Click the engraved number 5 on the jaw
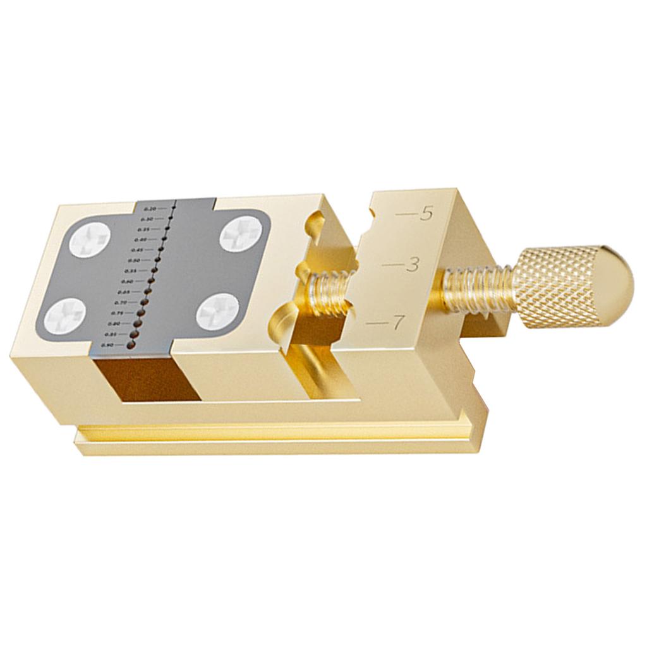pos(425,214)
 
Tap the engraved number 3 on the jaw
pos(413,265)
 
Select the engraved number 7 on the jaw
pos(397,322)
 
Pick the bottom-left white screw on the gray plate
pos(66,314)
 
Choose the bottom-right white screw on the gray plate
pos(217,310)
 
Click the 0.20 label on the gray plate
pos(150,209)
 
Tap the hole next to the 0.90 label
pos(131,344)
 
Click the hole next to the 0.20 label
pos(172,207)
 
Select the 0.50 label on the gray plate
pos(134,260)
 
